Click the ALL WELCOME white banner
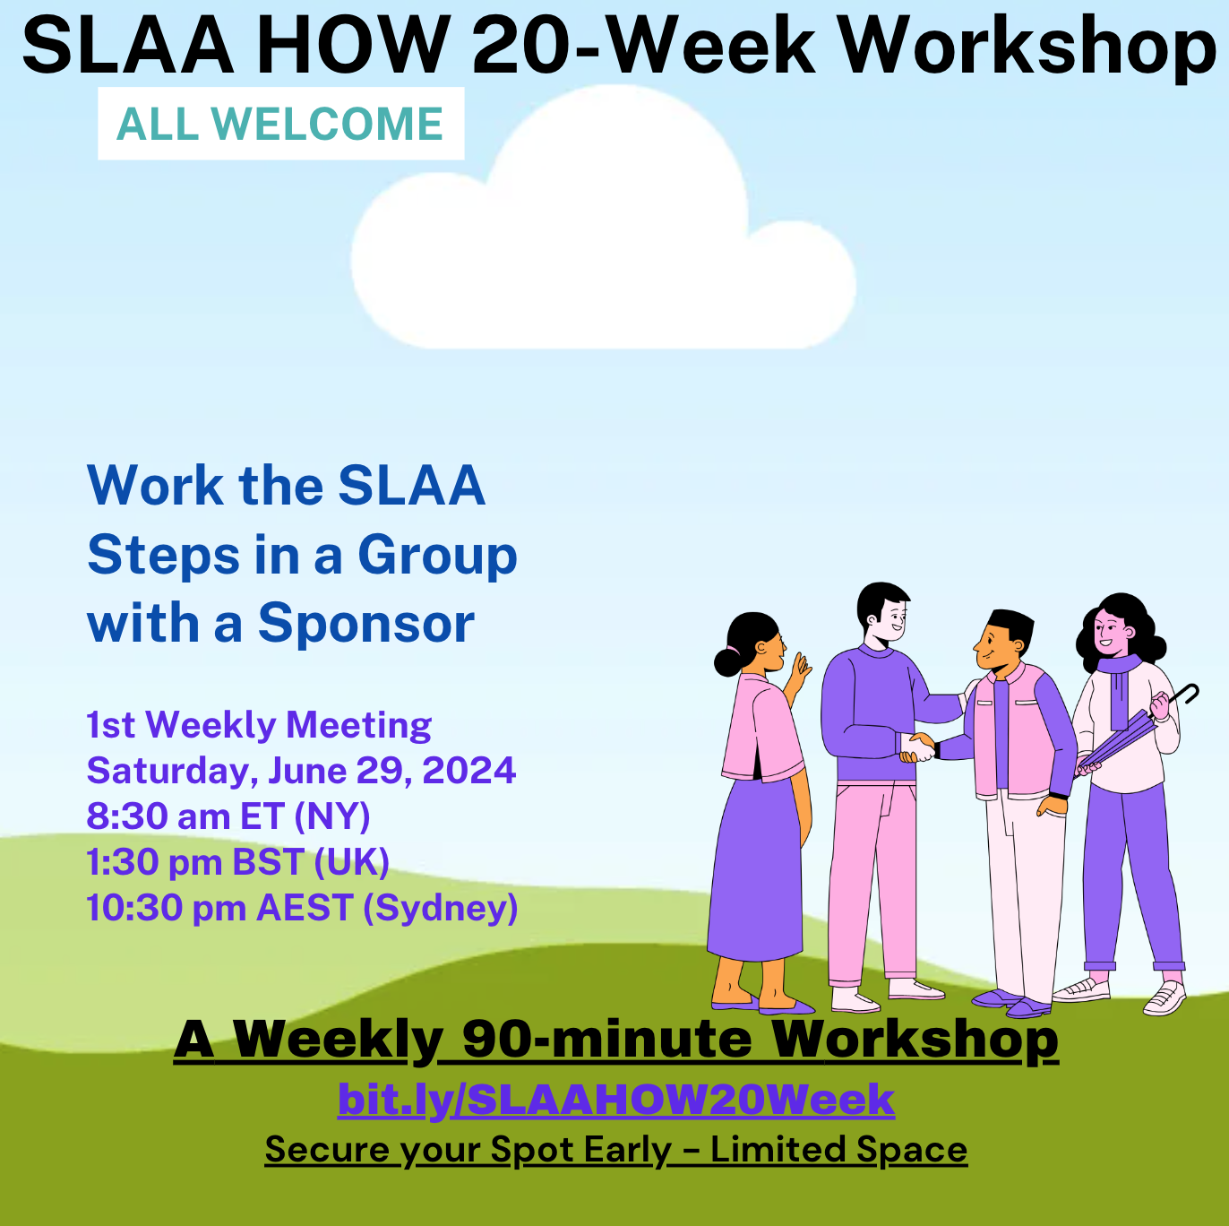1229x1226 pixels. (280, 123)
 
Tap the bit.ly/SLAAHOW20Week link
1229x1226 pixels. (616, 1099)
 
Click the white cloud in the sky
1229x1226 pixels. (604, 217)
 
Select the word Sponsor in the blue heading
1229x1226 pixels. (366, 624)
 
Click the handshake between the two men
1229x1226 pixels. (918, 747)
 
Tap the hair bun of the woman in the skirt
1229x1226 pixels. (726, 661)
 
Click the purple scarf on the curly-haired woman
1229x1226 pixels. (1120, 689)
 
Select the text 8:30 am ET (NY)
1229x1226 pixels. (228, 816)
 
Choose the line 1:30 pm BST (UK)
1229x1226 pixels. (238, 862)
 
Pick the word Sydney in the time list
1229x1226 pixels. (440, 909)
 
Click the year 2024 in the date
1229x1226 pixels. (468, 771)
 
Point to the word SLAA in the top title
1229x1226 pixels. (128, 47)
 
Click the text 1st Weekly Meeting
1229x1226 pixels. (259, 725)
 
